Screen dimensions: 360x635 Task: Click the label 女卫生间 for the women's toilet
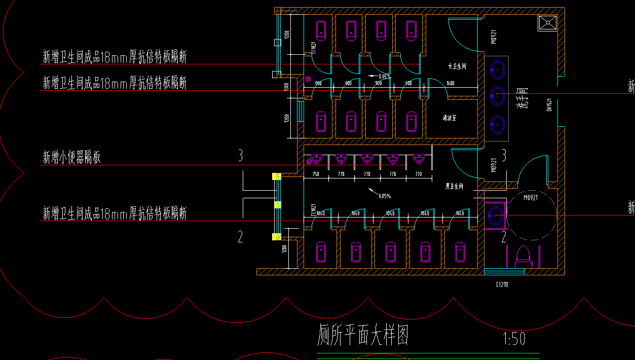tap(457, 66)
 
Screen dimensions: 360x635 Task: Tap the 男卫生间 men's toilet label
tap(454, 187)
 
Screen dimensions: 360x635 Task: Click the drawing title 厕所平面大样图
tap(363, 335)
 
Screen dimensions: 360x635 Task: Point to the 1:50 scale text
tap(513, 338)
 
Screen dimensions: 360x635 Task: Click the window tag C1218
tap(502, 284)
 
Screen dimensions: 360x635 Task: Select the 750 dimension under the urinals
tap(316, 174)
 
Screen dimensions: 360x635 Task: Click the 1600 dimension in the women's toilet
tap(451, 83)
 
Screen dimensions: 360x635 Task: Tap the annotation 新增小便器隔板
tap(71, 157)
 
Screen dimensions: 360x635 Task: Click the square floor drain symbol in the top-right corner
tap(547, 23)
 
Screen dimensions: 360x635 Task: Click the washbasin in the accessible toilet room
tap(495, 215)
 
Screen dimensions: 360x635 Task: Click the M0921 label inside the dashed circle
tap(530, 198)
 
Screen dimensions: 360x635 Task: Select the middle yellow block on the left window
tap(277, 205)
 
